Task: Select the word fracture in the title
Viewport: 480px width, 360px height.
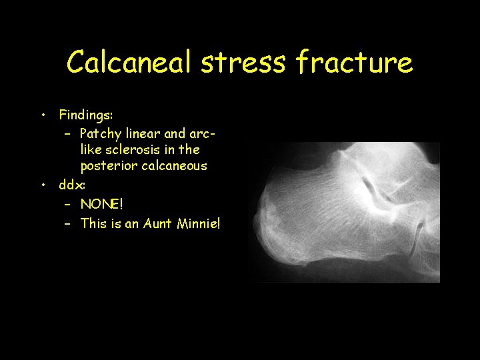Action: point(354,63)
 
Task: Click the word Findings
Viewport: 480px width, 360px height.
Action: point(87,115)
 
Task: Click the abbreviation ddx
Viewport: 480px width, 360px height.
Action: point(71,183)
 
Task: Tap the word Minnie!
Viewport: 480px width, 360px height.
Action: point(198,223)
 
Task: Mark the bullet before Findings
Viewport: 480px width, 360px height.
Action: point(43,115)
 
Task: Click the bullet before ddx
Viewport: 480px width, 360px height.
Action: point(43,183)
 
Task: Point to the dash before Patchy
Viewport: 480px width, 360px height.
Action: point(68,133)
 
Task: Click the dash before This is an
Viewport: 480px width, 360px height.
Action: point(68,223)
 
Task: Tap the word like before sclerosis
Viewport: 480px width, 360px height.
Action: point(91,149)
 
